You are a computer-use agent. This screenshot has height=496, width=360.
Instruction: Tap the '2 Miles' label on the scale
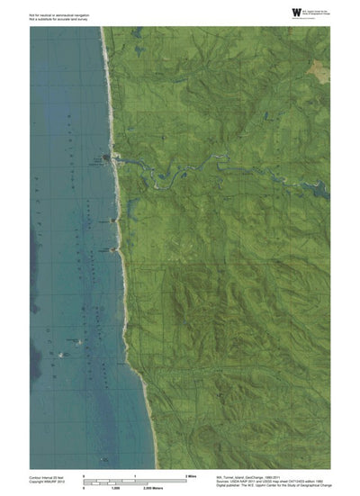click(x=190, y=473)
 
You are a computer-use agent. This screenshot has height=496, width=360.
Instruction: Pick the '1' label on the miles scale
click(x=134, y=473)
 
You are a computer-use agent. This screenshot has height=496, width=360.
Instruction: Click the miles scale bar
click(x=134, y=478)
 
